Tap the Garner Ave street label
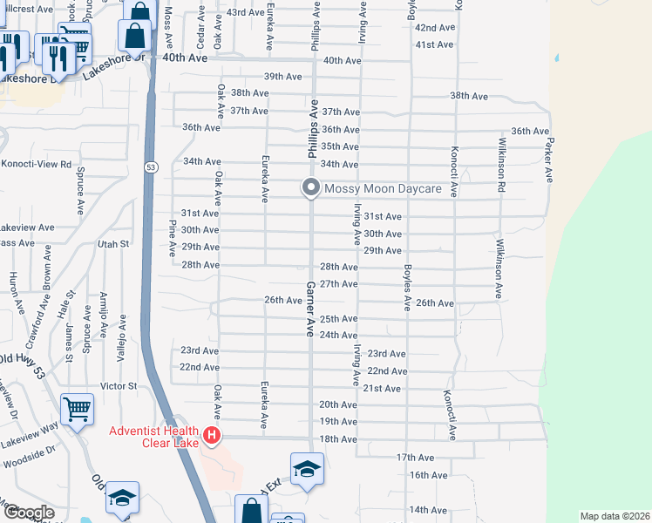(x=309, y=309)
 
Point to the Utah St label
(x=113, y=244)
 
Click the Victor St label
(x=119, y=385)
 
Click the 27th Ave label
(x=339, y=284)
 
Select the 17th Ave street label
(x=415, y=458)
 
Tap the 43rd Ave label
(x=245, y=13)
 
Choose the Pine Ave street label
(x=173, y=237)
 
